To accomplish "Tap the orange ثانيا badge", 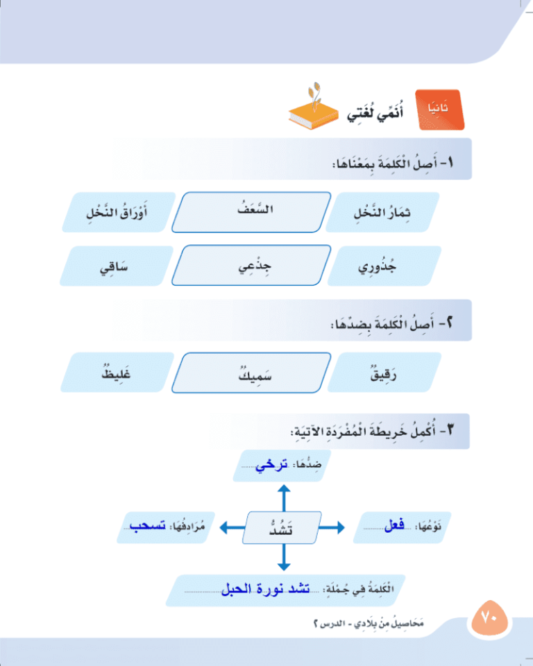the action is (x=439, y=109).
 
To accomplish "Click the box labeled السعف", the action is (x=251, y=212).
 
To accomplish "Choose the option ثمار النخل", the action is (x=382, y=212).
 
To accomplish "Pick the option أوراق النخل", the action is (x=119, y=212).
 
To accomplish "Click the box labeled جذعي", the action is (x=251, y=265).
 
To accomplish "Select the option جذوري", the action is (x=384, y=266).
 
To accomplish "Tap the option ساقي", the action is (x=117, y=266).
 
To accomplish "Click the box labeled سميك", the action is (x=251, y=373).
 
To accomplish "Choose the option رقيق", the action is (x=384, y=372).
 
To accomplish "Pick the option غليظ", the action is (x=117, y=372).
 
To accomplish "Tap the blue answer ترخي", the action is (x=271, y=465).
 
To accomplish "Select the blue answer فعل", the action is (x=394, y=525).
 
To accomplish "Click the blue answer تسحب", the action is (x=148, y=526).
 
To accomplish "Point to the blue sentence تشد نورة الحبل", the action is (x=265, y=589).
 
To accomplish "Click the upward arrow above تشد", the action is (x=284, y=498).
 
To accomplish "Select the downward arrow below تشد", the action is (x=284, y=557).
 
